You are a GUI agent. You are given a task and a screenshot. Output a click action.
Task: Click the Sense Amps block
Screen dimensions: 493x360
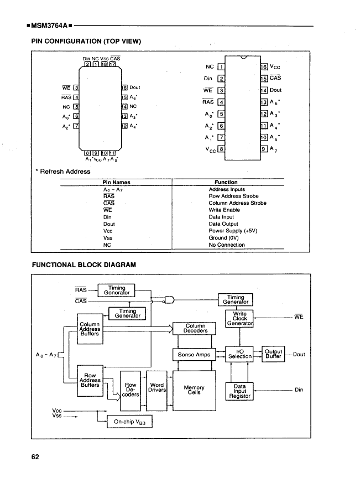tap(194, 354)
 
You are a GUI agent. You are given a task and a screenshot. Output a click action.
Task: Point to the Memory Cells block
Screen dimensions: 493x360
tap(194, 390)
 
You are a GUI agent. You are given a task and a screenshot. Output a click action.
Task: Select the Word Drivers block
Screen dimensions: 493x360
tap(156, 388)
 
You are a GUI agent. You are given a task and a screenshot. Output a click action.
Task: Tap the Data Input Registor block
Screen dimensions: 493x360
tap(240, 391)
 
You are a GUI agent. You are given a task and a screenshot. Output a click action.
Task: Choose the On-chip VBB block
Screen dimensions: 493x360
tap(129, 422)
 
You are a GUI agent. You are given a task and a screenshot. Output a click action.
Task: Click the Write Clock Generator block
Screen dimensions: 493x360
tap(240, 318)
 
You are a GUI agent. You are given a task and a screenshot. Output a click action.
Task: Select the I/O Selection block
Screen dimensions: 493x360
tap(240, 354)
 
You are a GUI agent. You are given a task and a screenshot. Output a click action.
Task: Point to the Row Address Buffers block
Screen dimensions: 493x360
tap(90, 381)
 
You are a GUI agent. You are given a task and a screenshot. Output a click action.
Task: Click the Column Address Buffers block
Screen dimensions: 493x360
tap(90, 329)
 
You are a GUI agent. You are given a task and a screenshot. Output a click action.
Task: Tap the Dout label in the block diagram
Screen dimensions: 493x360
tap(300, 354)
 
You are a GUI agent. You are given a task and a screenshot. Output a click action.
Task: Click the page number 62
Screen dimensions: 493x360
tap(35, 457)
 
